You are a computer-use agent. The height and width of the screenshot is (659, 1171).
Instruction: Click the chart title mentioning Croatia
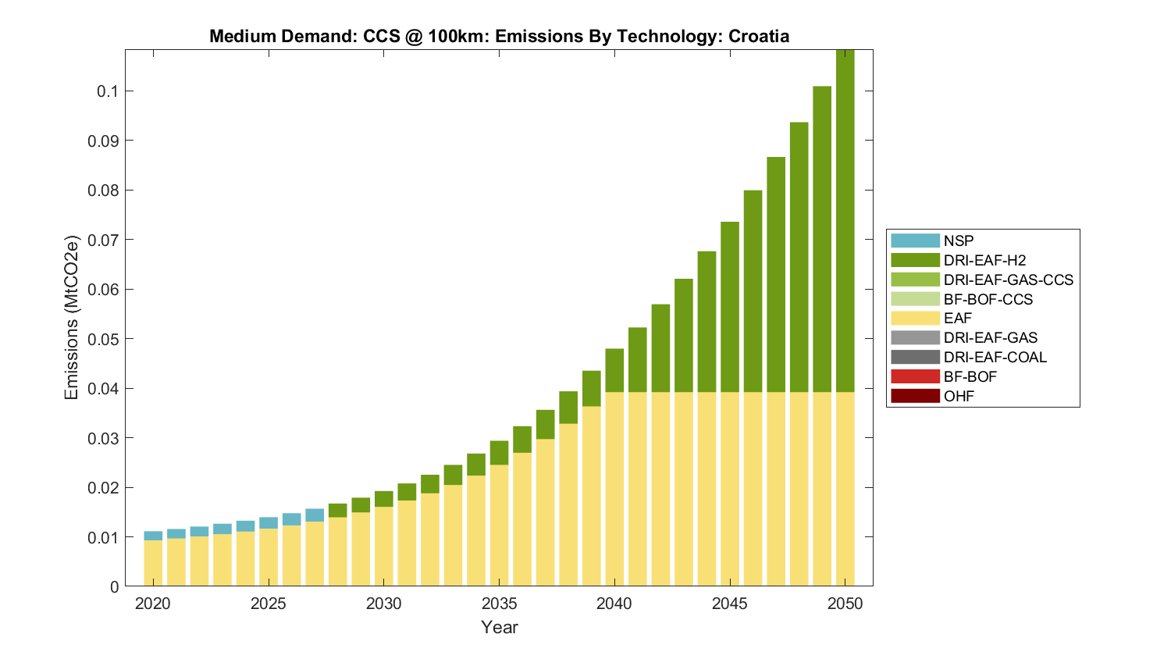(x=499, y=37)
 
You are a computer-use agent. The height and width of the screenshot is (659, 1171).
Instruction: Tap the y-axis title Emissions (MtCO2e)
(x=72, y=318)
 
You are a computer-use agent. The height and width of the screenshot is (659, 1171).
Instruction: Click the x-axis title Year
(x=499, y=627)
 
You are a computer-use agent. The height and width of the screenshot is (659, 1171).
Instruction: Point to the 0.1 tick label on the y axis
(x=108, y=91)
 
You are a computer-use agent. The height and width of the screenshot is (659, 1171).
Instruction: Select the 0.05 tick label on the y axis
(x=104, y=339)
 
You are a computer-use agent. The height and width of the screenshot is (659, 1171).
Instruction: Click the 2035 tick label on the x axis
(x=499, y=604)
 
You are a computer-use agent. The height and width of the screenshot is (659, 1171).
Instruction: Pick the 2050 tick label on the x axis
(x=845, y=604)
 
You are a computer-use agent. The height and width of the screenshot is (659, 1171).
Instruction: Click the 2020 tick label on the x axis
(x=153, y=604)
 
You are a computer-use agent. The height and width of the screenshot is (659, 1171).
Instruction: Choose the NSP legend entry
(x=958, y=241)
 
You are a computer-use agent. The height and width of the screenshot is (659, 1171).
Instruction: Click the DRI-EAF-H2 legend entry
(x=984, y=260)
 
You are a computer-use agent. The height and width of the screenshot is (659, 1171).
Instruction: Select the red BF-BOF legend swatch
(x=915, y=376)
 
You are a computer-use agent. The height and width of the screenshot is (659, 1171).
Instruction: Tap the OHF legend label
(x=959, y=396)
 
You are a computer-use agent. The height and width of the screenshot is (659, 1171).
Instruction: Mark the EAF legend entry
(x=957, y=319)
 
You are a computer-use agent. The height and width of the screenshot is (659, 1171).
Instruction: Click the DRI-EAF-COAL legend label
(x=995, y=357)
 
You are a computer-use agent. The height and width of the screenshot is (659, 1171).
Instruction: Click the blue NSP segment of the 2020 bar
(x=153, y=536)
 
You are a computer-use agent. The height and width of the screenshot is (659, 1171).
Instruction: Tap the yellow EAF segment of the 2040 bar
(x=614, y=489)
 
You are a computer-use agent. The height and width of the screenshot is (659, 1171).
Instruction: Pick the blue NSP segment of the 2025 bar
(x=269, y=523)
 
